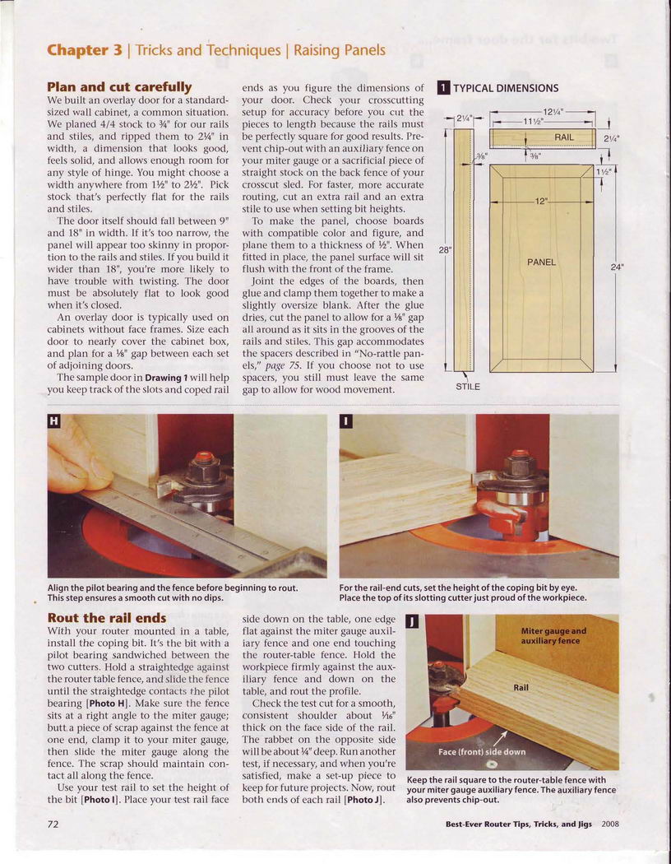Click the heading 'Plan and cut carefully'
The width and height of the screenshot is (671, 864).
click(119, 86)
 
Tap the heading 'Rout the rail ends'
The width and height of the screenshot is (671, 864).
click(107, 617)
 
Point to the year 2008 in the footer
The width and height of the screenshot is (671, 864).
click(610, 824)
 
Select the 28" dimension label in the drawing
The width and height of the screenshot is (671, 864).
click(445, 250)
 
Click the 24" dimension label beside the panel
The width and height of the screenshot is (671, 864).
click(617, 267)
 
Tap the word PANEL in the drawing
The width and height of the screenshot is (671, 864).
click(541, 262)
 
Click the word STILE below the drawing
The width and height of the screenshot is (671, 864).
click(468, 386)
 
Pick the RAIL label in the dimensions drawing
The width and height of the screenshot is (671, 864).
click(564, 137)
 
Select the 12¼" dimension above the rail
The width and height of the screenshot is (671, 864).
click(551, 112)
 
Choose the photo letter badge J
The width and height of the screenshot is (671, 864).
click(412, 621)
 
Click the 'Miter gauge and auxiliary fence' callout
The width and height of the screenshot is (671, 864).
click(553, 635)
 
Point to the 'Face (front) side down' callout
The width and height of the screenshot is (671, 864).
click(482, 751)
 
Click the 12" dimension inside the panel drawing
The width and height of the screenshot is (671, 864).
click(540, 201)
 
